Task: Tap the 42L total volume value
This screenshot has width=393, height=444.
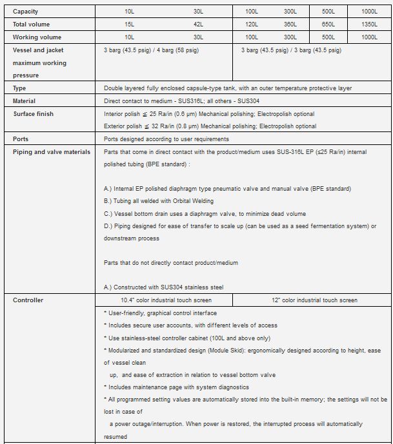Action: coord(197,24)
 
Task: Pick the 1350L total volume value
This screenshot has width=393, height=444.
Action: coord(370,24)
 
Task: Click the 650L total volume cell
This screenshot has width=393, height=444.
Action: coord(328,24)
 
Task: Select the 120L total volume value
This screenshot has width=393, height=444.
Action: coord(251,24)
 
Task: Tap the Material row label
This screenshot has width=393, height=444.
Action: coord(25,101)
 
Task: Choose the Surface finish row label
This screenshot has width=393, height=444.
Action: coord(34,114)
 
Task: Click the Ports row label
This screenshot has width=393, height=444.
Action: coord(21,139)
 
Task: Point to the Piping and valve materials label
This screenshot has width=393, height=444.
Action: coord(52,152)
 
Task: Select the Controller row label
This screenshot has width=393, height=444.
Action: coord(28,300)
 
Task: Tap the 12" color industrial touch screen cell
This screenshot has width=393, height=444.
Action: coord(312,300)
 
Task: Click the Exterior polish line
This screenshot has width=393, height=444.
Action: coord(210,126)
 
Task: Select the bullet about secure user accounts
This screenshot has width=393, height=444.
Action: coord(190,325)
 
